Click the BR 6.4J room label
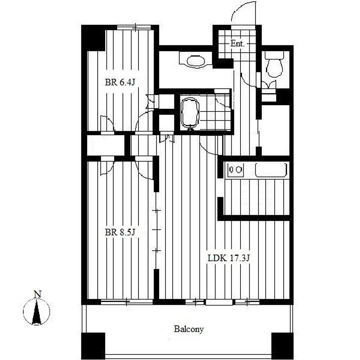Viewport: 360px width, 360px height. tap(120, 82)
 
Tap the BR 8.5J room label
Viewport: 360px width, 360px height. tap(120, 232)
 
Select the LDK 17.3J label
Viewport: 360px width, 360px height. tap(229, 258)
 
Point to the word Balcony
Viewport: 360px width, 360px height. tap(189, 329)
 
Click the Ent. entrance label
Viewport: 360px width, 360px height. tap(237, 43)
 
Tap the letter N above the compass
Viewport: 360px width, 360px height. tap(37, 294)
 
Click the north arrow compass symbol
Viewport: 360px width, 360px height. tap(37, 312)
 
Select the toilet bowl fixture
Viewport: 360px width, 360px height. tap(274, 67)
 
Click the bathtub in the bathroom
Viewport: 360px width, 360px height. tap(190, 113)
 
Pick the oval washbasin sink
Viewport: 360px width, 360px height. tap(195, 61)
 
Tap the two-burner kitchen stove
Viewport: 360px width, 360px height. tap(235, 170)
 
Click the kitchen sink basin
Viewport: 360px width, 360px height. tap(271, 170)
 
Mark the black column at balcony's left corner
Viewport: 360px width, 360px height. tap(93, 346)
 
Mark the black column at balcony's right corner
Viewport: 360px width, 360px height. tap(282, 346)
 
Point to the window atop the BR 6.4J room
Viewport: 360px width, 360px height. tap(134, 27)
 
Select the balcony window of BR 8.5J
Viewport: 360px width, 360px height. tap(127, 302)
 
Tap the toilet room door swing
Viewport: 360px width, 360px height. tap(248, 81)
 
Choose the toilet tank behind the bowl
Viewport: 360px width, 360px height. tap(274, 55)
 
